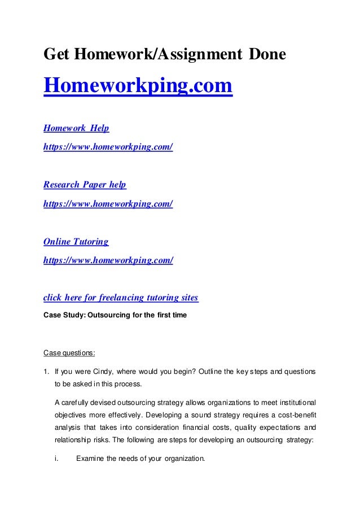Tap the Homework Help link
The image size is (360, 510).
(x=76, y=128)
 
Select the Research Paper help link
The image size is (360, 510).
(x=85, y=185)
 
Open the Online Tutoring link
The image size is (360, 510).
(x=76, y=242)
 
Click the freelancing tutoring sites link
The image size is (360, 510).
(x=121, y=297)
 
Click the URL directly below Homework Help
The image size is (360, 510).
(x=108, y=147)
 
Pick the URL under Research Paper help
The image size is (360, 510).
(x=108, y=203)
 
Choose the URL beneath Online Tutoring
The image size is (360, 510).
(x=108, y=260)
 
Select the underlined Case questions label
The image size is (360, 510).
(x=69, y=354)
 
